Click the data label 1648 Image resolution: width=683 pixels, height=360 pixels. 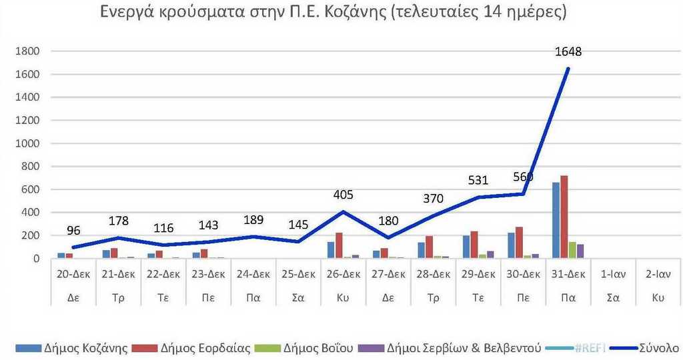click(x=568, y=51)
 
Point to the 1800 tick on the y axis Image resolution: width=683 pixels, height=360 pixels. click(x=27, y=51)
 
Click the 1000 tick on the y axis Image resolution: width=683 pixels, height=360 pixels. click(x=27, y=143)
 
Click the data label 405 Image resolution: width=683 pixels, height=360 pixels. click(x=343, y=195)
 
